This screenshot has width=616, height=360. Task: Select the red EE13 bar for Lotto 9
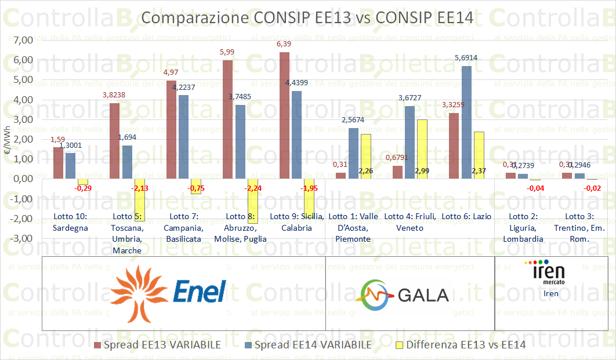pos(284,115)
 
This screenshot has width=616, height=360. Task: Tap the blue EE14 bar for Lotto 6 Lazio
pos(466,122)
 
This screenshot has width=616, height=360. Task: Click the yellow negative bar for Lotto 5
pos(139,200)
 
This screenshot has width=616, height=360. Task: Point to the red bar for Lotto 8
pos(227,119)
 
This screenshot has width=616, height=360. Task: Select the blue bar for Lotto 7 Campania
pos(183,137)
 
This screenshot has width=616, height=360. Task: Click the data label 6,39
pos(284,44)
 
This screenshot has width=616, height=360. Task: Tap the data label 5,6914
pos(466,58)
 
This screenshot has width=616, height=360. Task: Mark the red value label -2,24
pos(252,188)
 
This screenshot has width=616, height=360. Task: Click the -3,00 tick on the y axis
pos(20,238)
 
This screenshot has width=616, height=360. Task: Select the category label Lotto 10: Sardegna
pos(70,221)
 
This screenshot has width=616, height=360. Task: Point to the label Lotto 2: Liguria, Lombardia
pos(523,227)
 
